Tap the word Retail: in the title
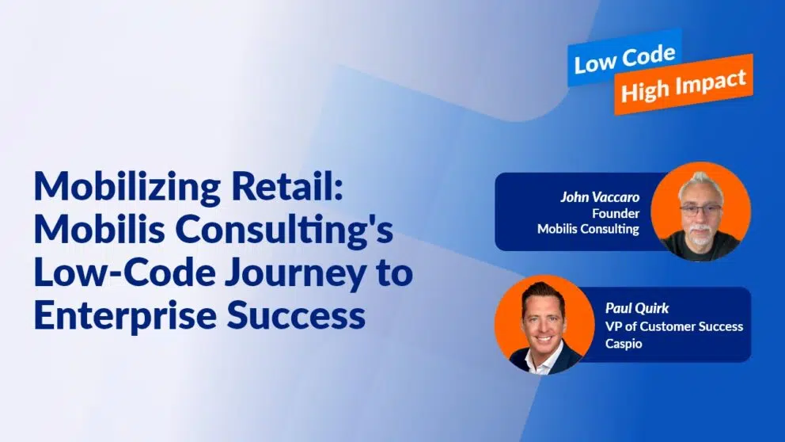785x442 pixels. [x=287, y=186]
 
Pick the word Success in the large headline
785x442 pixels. [x=296, y=315]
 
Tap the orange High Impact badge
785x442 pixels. [x=684, y=84]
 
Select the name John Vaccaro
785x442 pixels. [x=600, y=197]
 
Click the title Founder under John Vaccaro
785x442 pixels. [x=616, y=214]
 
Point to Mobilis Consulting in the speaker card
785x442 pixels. [x=588, y=229]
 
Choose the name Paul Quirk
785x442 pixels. [x=637, y=307]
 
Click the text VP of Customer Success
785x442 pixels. [x=674, y=326]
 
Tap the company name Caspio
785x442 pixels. [x=624, y=344]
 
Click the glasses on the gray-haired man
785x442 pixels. [x=700, y=210]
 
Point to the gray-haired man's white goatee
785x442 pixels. [x=700, y=234]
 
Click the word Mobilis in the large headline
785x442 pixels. [x=100, y=229]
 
